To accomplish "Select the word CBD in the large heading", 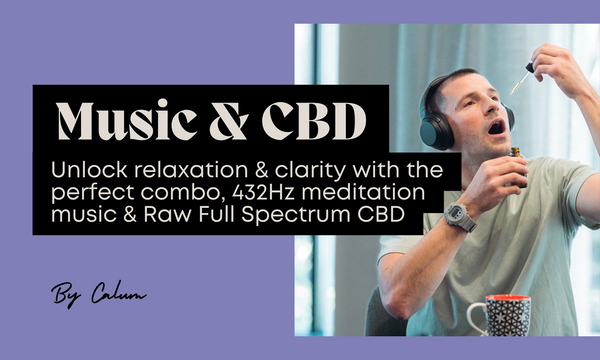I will click(x=311, y=122).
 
